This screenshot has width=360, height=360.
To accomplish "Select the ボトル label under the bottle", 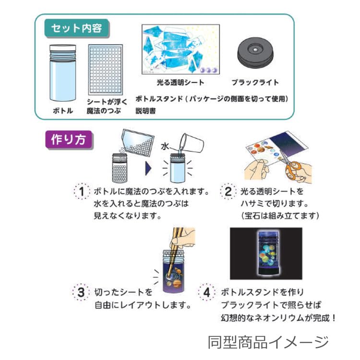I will pyautogui.click(x=62, y=111).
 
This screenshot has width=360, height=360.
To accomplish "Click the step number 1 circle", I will pyautogui.click(x=82, y=192).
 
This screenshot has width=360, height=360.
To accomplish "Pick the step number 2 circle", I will pyautogui.click(x=228, y=192).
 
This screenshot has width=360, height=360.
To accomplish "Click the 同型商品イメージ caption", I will pyautogui.click(x=268, y=343).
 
